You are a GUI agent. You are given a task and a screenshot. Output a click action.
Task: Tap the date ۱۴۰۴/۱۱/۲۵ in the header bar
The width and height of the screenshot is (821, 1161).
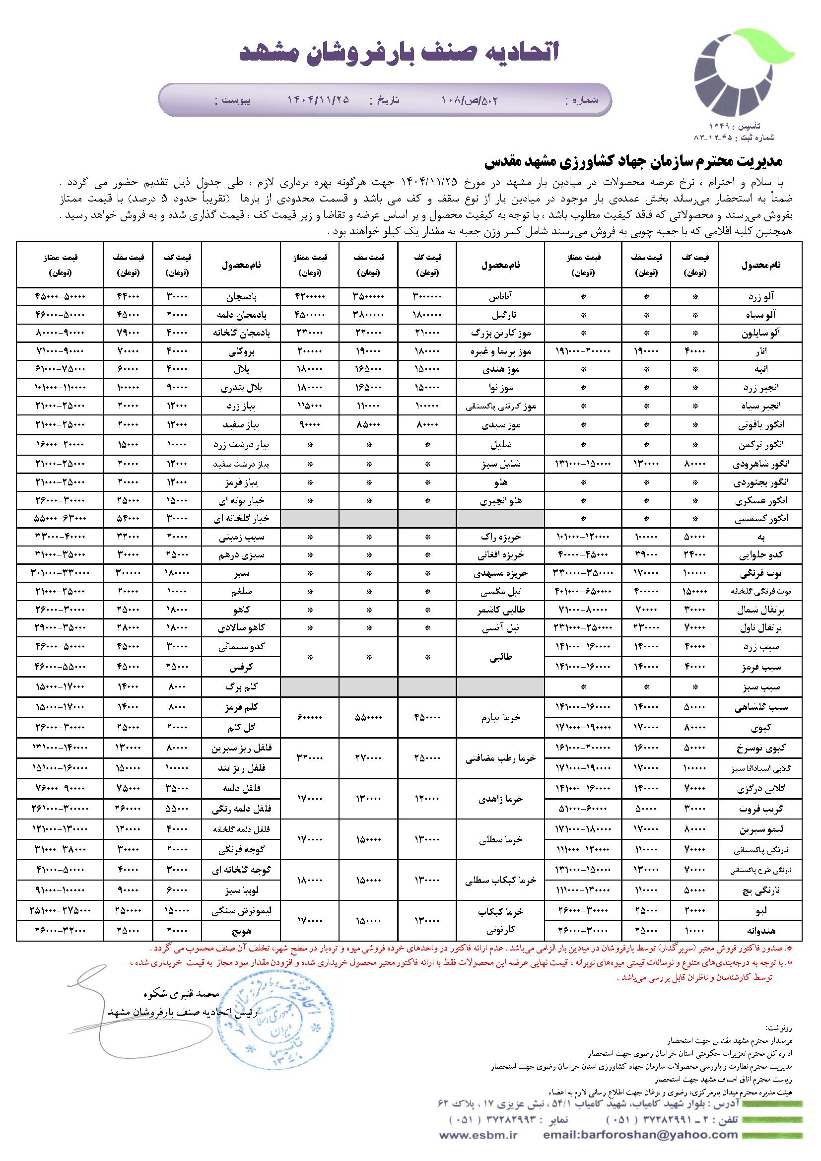[x=318, y=100]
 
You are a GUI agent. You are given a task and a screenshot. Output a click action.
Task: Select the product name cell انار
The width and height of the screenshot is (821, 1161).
[x=761, y=351]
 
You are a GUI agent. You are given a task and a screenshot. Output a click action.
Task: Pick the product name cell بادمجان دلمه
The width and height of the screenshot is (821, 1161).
[x=241, y=315]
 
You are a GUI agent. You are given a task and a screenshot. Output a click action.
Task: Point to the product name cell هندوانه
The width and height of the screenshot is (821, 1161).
[x=761, y=930]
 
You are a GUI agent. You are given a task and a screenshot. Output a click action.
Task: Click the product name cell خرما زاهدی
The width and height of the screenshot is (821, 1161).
[x=500, y=799]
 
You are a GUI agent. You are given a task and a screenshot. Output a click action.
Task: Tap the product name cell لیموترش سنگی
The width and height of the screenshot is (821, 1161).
[x=241, y=911]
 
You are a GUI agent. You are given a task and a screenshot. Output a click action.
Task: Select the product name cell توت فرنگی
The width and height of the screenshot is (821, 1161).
[x=761, y=573]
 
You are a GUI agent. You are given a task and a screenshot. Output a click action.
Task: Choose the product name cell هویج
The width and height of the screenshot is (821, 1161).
[x=241, y=930]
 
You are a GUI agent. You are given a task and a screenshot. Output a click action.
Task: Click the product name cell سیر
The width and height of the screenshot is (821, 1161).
[x=241, y=573]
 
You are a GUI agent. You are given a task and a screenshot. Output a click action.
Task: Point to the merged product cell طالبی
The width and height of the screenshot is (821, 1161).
[x=500, y=657]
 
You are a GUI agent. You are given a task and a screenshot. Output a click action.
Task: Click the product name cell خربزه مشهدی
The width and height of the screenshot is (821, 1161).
[x=500, y=573]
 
